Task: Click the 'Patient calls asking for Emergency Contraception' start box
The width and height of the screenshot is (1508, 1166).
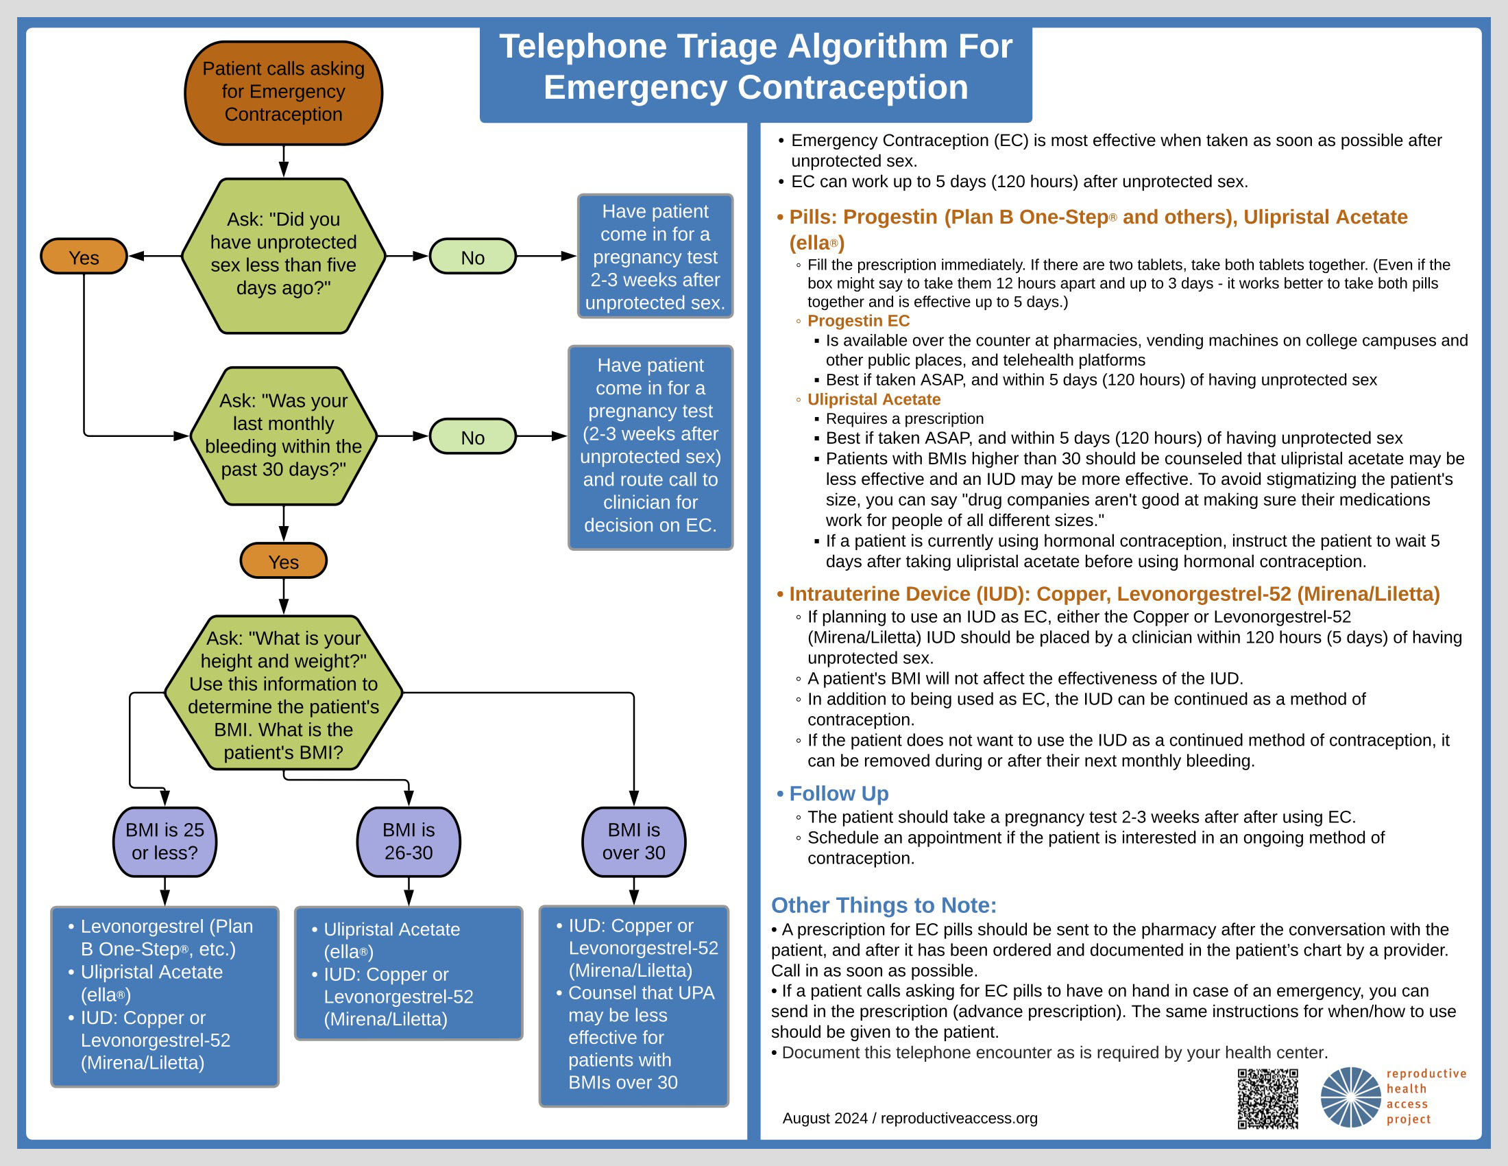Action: point(283,93)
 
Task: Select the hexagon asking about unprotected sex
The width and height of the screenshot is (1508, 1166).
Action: point(283,256)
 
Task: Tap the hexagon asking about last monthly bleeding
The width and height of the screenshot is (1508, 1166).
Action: point(283,436)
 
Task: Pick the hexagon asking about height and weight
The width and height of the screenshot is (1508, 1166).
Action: point(283,693)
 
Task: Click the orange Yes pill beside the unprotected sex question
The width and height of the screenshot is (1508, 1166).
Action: point(84,257)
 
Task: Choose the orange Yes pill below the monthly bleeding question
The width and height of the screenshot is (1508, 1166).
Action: point(283,561)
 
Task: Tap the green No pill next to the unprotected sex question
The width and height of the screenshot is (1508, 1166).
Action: point(472,257)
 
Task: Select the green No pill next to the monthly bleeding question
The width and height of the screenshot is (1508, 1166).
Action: point(472,436)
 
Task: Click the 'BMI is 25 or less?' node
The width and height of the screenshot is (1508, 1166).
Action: point(165,842)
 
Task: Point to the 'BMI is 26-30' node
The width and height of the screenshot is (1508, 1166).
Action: point(408,842)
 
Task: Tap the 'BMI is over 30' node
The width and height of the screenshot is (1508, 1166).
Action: point(634,842)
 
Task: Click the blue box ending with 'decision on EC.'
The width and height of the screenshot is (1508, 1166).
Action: point(650,448)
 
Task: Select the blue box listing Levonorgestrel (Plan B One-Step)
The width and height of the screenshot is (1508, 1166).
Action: point(165,997)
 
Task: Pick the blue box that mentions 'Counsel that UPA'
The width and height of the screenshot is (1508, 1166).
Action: point(634,1006)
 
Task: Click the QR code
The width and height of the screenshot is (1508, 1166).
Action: point(1267,1099)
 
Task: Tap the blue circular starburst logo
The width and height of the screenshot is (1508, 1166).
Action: point(1350,1097)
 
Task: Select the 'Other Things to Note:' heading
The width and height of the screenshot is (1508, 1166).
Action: point(884,905)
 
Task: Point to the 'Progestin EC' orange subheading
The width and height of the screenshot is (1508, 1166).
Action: point(858,320)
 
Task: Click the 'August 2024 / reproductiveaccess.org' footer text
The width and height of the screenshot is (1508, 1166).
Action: point(910,1119)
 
